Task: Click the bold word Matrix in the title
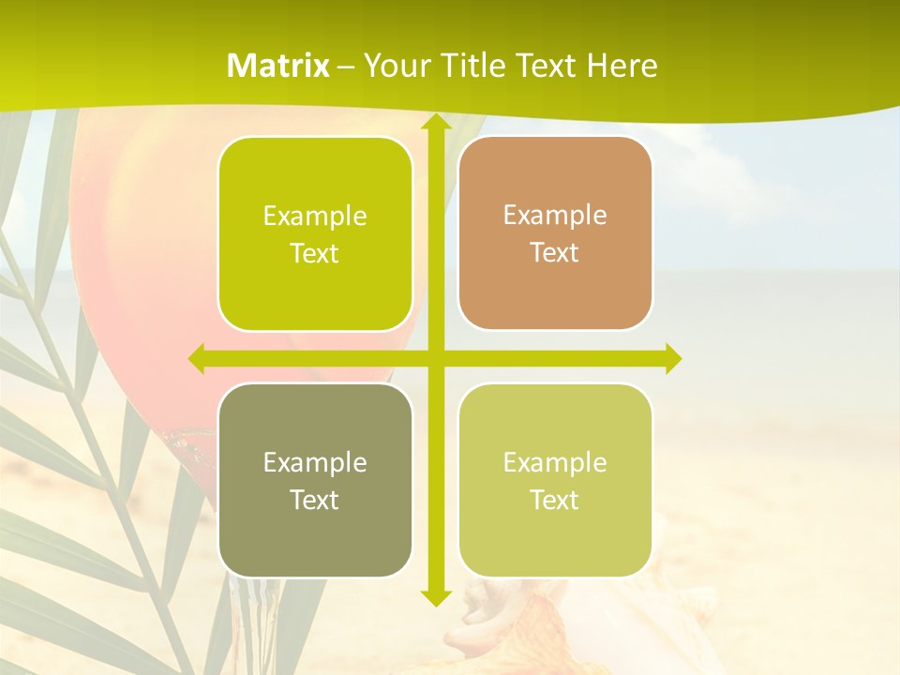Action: (278, 66)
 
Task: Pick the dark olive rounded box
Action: (315, 534)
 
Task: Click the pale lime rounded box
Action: (555, 534)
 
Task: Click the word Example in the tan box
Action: (555, 215)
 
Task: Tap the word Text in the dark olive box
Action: (315, 500)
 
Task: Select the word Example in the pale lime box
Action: (555, 462)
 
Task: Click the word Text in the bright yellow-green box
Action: (315, 253)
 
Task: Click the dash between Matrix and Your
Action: (346, 67)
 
